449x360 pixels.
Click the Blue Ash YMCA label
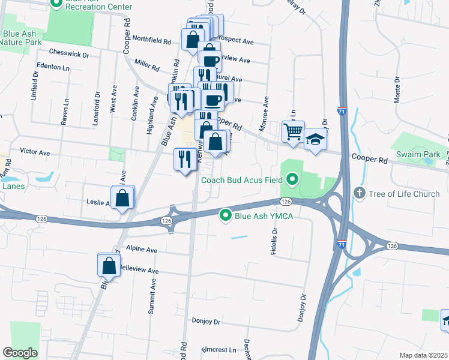(x=263, y=216)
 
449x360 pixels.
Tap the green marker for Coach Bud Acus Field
(x=292, y=179)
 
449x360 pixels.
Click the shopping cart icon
(x=294, y=130)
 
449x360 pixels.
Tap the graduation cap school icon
(x=315, y=139)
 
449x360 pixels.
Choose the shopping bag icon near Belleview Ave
(x=109, y=265)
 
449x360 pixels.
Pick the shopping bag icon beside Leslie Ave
(x=122, y=197)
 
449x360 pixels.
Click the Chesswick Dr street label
(x=70, y=54)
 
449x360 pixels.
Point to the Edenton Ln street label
(x=53, y=68)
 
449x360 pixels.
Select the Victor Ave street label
(x=35, y=152)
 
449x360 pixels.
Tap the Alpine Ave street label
(x=142, y=250)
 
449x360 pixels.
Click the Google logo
(x=20, y=353)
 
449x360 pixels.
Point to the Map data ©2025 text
(x=423, y=355)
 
